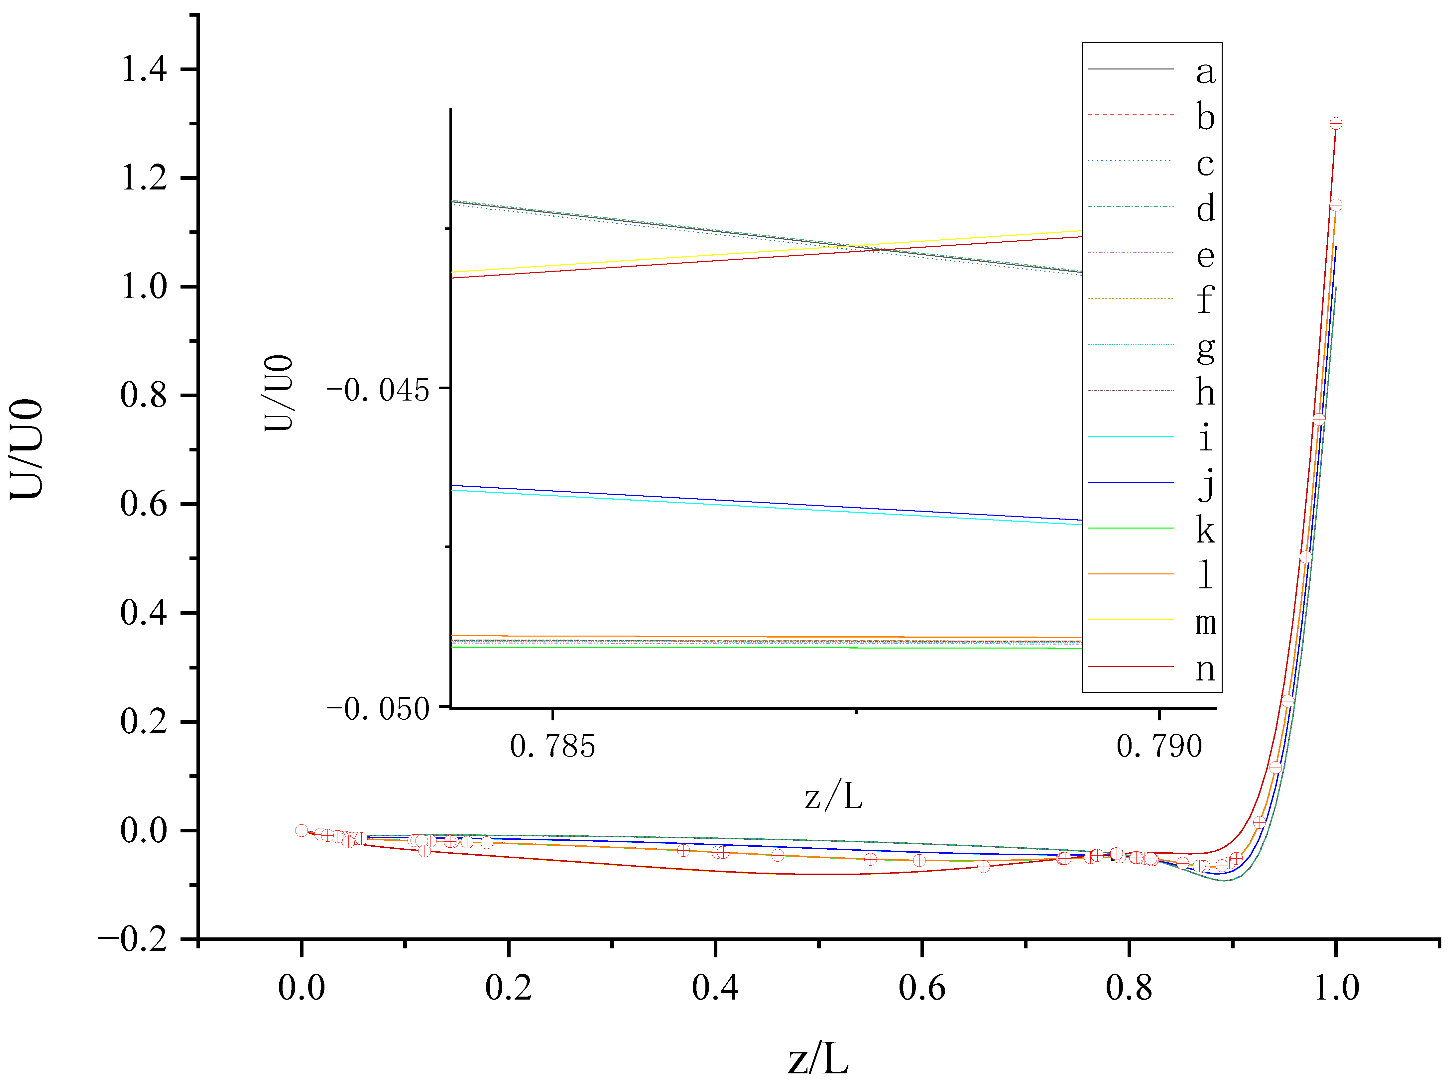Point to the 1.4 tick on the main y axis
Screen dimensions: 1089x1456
144,69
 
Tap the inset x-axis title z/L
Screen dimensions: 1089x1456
833,797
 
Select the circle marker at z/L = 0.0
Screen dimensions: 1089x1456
302,830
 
